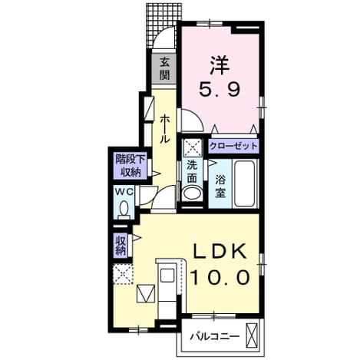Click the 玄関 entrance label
165,68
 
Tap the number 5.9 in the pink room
220,89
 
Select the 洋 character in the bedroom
220,65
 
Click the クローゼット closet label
233,146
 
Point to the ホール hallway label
164,129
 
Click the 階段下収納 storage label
130,166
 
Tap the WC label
124,192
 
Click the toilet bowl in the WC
124,208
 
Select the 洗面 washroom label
191,172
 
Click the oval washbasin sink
192,193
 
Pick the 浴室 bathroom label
220,187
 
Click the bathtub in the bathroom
245,183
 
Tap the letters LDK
220,250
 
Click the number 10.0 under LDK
220,277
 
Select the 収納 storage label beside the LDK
121,246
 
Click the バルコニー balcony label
214,336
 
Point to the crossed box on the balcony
251,335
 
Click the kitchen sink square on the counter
167,275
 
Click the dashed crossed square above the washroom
192,148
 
